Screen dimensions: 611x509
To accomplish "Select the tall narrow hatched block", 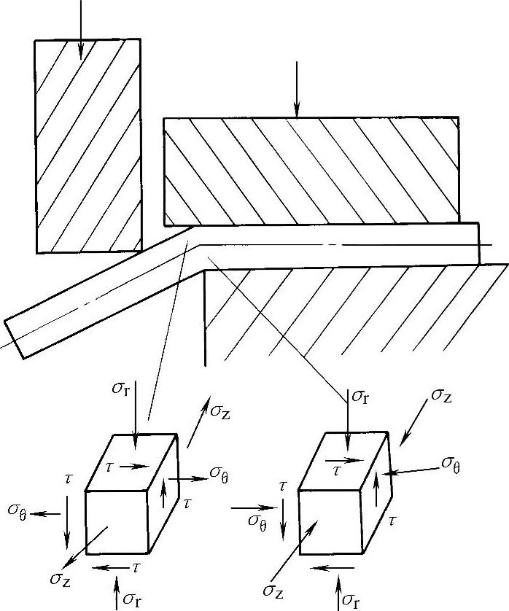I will click(x=88, y=146).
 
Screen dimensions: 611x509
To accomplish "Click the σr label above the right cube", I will click(x=360, y=397).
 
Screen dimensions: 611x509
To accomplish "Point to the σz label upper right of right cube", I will click(x=442, y=395).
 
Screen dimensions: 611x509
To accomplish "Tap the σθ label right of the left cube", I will click(x=220, y=475).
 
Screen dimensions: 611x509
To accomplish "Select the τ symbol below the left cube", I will click(x=136, y=567).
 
